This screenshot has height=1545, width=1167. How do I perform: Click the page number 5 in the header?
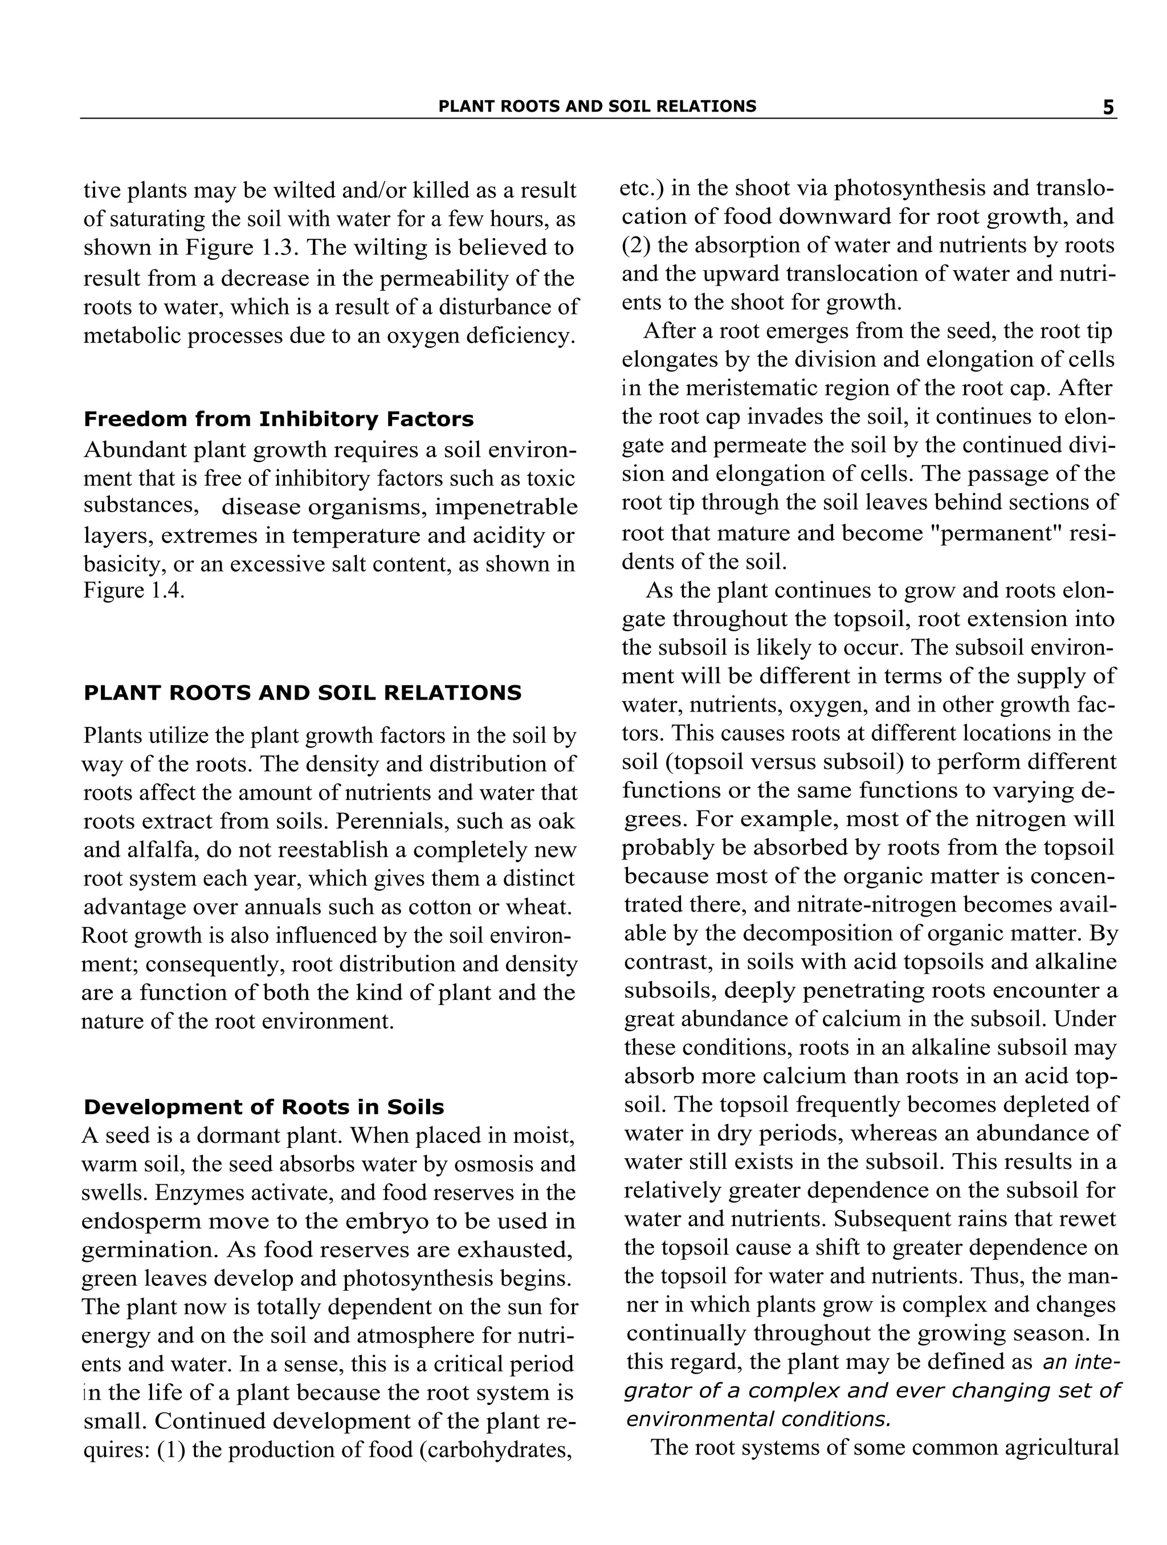(1108, 108)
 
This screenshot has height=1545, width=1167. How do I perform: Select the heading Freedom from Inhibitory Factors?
(278, 419)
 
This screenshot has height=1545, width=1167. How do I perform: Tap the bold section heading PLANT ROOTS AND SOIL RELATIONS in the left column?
(302, 693)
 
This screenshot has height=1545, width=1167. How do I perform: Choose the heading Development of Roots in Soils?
(263, 1107)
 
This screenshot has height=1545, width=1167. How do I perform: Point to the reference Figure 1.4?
(133, 591)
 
